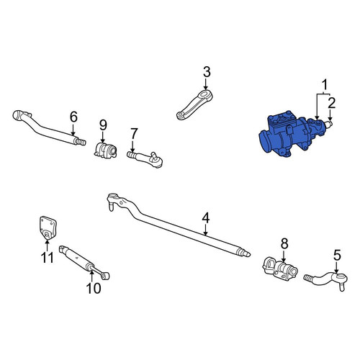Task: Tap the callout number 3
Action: (207, 72)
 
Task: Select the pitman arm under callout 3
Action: (194, 105)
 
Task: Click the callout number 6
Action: (73, 117)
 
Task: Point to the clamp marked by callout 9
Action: (105, 150)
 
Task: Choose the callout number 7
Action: (134, 134)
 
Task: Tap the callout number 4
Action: (206, 218)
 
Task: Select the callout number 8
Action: (284, 244)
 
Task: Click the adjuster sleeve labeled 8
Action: (280, 269)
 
